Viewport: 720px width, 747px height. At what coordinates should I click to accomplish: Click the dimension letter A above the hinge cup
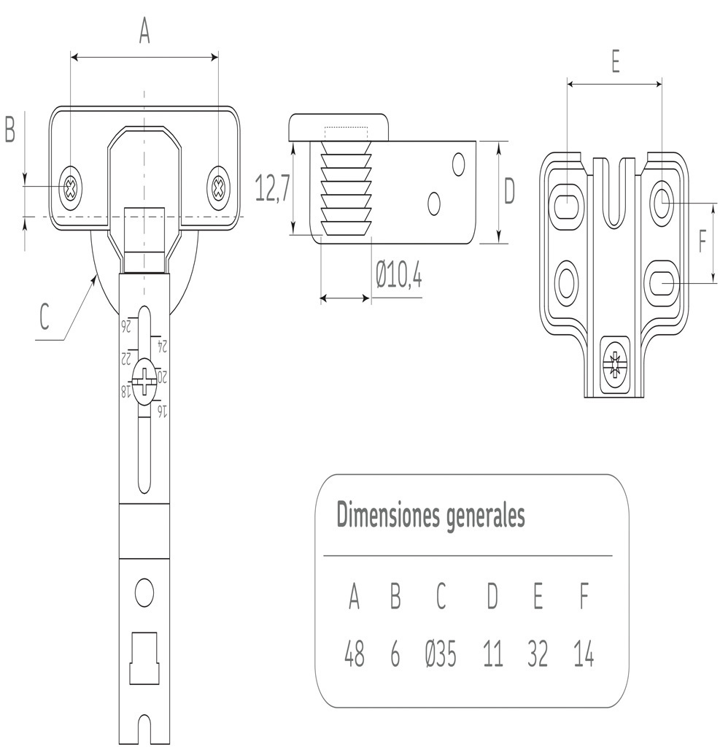coord(144,31)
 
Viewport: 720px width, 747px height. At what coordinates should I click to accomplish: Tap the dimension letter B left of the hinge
coord(10,130)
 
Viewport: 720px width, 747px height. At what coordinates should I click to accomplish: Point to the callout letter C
coord(45,317)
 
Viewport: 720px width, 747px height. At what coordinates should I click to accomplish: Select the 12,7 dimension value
coord(274,188)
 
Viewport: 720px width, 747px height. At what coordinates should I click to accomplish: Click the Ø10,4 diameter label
coord(399,276)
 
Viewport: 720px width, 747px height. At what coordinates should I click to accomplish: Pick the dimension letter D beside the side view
coord(509,192)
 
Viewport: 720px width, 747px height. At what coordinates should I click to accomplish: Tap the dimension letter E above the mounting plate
coord(615,63)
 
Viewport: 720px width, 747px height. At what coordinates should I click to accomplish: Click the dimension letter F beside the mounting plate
coord(703,241)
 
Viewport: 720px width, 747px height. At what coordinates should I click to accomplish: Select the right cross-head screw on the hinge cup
coord(217,189)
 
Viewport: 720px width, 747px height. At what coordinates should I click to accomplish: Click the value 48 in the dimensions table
coord(355,656)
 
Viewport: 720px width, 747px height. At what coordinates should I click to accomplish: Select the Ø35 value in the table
coord(441,656)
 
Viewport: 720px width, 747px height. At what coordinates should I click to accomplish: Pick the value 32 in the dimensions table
coord(538,656)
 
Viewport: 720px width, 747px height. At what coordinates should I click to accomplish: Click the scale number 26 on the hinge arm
coord(125,325)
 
